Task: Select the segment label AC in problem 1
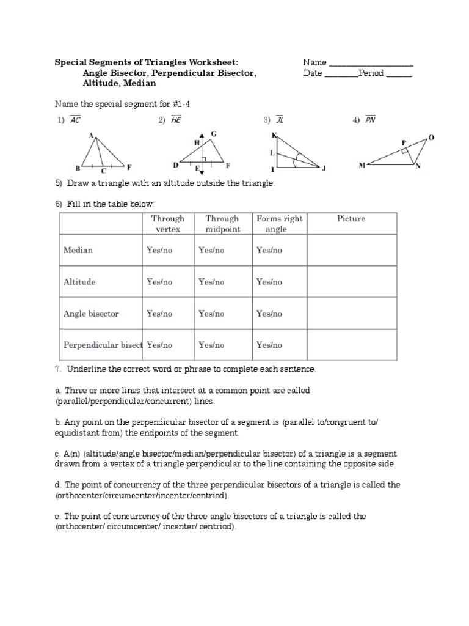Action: click(x=75, y=120)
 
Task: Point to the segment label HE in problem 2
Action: click(x=176, y=120)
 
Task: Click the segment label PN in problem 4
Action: click(x=370, y=120)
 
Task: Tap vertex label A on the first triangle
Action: click(x=90, y=135)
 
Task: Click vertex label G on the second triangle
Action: click(x=213, y=133)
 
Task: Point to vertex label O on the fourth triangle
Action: click(x=432, y=138)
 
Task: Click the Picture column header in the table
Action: click(x=351, y=219)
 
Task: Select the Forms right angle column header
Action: click(x=279, y=224)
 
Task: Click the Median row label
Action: click(x=78, y=250)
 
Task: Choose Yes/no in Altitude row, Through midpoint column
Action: click(x=211, y=282)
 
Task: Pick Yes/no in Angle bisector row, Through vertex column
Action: click(x=159, y=314)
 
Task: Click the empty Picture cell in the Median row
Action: click(x=351, y=251)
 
